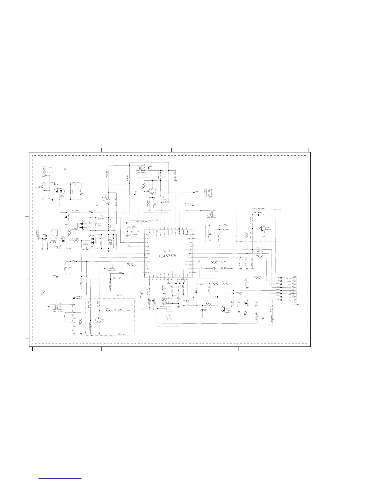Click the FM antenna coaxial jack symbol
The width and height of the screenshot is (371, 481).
coord(45,184)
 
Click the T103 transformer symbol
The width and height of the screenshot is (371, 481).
coord(140,168)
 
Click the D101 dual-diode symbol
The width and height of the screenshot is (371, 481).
coord(59,191)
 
